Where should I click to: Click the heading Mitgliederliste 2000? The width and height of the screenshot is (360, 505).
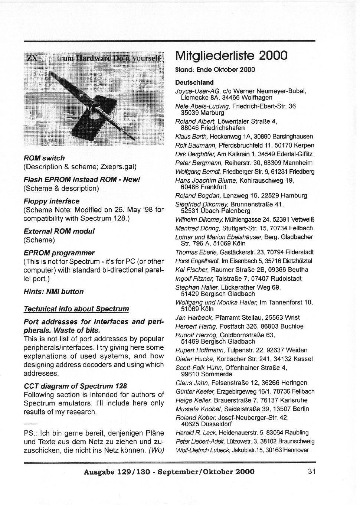point(231,56)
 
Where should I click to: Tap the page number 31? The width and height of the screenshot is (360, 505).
point(311,472)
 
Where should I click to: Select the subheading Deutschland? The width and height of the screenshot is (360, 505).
point(194,82)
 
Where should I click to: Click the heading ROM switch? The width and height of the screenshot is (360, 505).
point(44,158)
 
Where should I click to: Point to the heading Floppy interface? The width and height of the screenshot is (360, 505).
point(52,201)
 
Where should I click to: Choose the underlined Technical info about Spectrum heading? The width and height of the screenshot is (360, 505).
point(76,309)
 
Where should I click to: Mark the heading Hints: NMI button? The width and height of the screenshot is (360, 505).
point(53,292)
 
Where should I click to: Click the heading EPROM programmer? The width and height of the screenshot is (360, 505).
point(59,253)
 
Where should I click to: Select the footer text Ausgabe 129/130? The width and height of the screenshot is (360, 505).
point(117,472)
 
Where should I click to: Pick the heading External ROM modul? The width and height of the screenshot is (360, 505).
point(59,231)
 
